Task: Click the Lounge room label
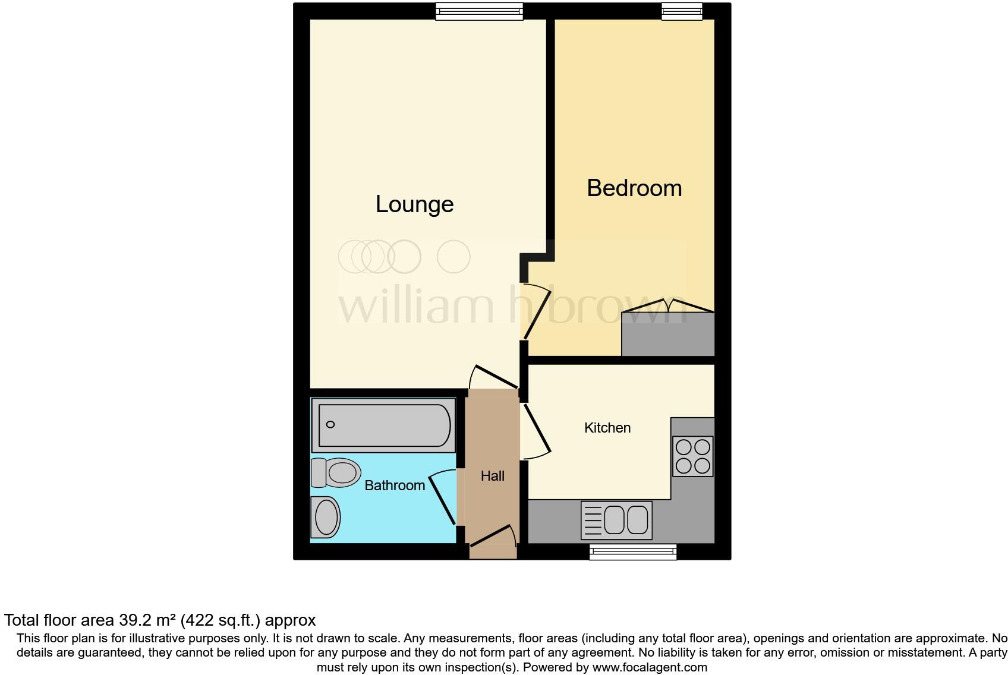click(x=414, y=204)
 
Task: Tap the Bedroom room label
click(x=634, y=188)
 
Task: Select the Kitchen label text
click(x=607, y=428)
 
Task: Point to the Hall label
click(x=492, y=476)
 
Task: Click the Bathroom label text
click(x=394, y=485)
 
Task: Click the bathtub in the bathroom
click(x=384, y=425)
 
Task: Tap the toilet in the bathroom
click(x=336, y=472)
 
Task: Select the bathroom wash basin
click(x=326, y=517)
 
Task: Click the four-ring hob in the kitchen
click(x=692, y=456)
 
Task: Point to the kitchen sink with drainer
click(x=616, y=520)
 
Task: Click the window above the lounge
click(x=479, y=11)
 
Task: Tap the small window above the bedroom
click(x=682, y=11)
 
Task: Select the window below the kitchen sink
click(x=632, y=552)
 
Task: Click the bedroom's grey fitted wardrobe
click(x=667, y=335)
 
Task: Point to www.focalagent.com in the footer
click(x=650, y=667)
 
